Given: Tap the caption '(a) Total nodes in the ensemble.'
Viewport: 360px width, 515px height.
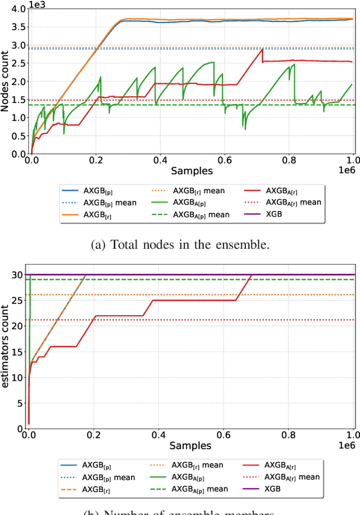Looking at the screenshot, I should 180,244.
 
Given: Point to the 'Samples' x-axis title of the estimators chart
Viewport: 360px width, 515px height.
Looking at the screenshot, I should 192,445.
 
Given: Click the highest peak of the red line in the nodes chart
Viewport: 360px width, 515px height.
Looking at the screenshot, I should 262,50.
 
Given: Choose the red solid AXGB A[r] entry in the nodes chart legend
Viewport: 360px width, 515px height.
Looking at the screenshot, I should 278,190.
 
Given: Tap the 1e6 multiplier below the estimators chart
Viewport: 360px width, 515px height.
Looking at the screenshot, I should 345,446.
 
